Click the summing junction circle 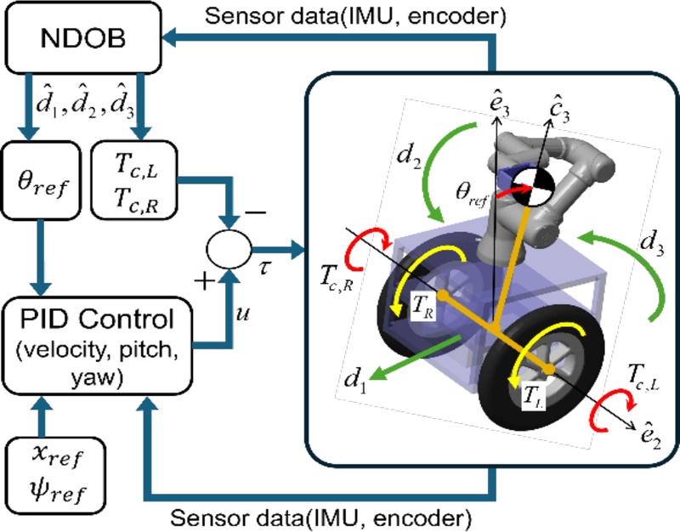(x=229, y=250)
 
